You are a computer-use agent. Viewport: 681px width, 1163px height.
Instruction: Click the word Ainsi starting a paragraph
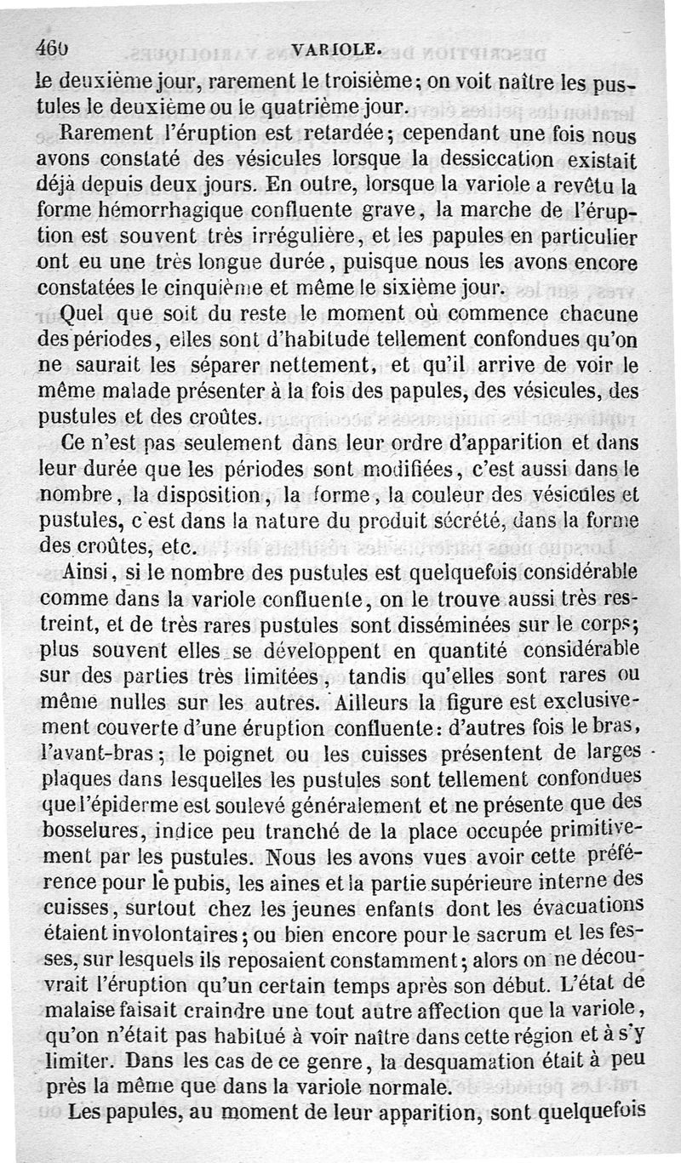click(x=88, y=572)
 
